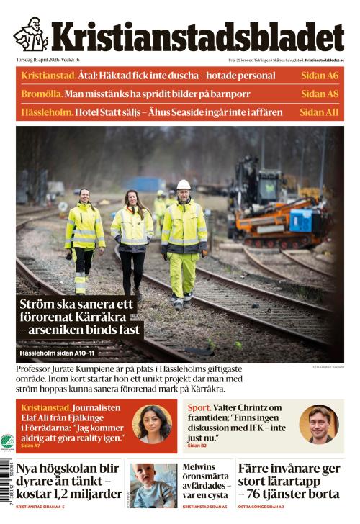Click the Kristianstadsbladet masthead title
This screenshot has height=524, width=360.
pos(196,37)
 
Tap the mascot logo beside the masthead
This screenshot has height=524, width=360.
pos(30,35)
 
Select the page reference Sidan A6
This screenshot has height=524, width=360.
pos(320,76)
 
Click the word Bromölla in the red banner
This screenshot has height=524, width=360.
pos(41,94)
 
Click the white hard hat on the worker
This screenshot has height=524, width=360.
pos(184,185)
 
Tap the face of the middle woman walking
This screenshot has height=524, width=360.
pos(134,196)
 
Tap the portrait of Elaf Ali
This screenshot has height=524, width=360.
pos(152,424)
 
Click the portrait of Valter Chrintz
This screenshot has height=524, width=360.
pos(318,424)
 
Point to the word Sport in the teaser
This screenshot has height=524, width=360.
pos(199,407)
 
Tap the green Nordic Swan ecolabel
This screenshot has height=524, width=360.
pos(7,442)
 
